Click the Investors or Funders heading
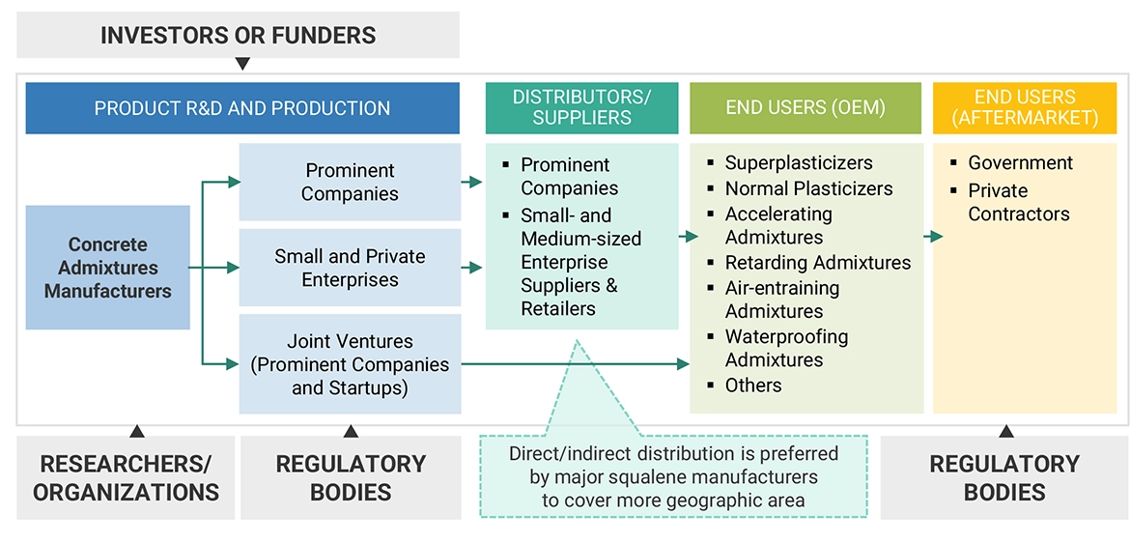(238, 36)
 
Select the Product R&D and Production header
(242, 108)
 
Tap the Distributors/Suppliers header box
(581, 107)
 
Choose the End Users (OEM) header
(805, 107)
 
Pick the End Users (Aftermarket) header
(1024, 107)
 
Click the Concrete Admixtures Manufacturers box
(107, 268)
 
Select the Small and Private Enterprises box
(350, 268)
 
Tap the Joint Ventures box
(350, 364)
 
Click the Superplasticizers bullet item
(798, 163)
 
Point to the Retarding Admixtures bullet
(817, 263)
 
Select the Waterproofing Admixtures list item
(786, 348)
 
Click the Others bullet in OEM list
(752, 386)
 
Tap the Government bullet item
(1020, 163)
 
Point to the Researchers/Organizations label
(126, 477)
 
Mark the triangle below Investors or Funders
(242, 64)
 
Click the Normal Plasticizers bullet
(808, 188)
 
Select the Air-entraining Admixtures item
(781, 300)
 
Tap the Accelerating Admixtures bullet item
(777, 225)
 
